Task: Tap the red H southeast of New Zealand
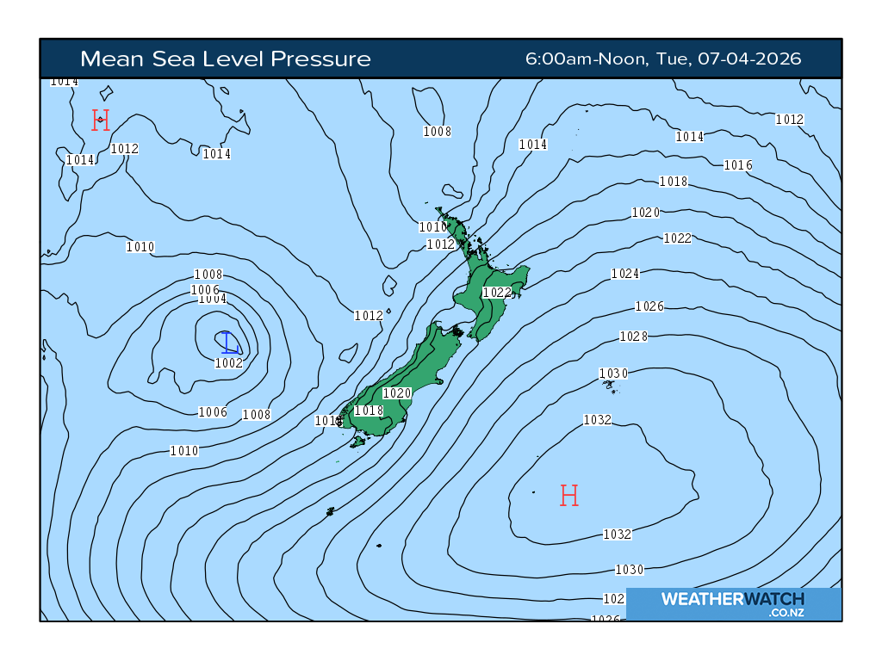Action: tap(568, 495)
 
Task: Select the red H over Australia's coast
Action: tap(101, 120)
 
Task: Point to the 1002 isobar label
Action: tap(228, 363)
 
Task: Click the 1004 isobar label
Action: tap(212, 300)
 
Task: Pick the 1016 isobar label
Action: tap(738, 165)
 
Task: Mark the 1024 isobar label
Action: tap(625, 274)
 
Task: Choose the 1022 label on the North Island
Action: tap(497, 293)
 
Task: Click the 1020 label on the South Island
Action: tap(397, 392)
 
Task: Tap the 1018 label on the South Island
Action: tap(369, 411)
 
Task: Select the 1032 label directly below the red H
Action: tap(618, 534)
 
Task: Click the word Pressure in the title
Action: tap(320, 59)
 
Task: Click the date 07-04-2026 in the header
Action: tap(749, 59)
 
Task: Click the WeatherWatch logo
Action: tap(733, 599)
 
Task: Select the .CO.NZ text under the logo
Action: tap(787, 613)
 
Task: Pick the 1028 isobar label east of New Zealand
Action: tap(633, 337)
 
